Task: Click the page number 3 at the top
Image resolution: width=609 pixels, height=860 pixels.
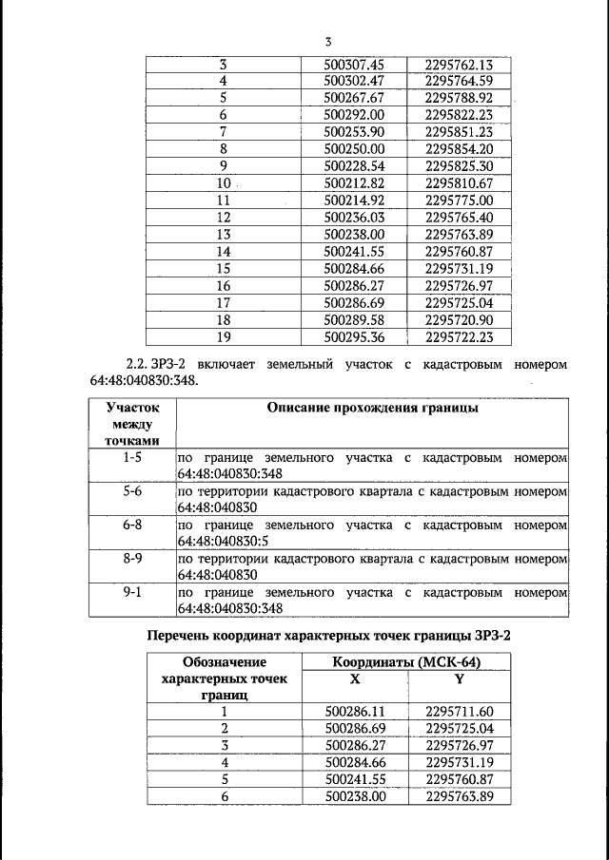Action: point(328,41)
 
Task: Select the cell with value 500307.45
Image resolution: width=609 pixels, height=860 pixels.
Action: point(353,65)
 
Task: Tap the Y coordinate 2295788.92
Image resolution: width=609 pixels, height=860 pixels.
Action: point(460,98)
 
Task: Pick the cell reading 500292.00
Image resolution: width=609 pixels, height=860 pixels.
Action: point(353,115)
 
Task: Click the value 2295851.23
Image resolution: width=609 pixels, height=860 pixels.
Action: point(460,132)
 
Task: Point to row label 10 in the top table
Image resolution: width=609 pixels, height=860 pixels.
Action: point(225,182)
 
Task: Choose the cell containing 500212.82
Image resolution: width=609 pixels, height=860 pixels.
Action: point(353,182)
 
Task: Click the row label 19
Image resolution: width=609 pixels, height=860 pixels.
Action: point(225,335)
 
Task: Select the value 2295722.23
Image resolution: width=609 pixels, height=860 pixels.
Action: point(460,335)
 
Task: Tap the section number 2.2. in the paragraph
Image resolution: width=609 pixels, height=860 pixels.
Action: point(140,365)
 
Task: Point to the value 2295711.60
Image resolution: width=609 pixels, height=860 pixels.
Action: point(460,711)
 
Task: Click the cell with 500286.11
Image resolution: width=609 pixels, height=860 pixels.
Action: point(353,711)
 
